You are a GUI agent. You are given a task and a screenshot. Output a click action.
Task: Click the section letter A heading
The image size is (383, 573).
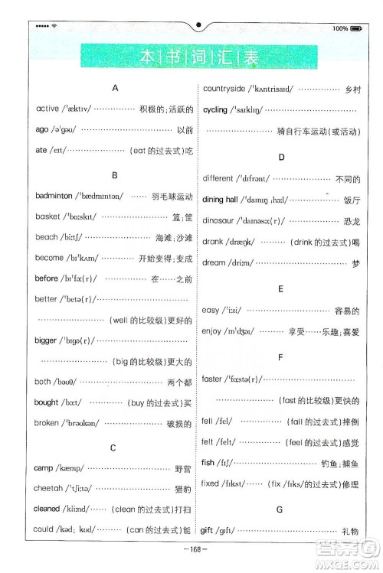point(114,88)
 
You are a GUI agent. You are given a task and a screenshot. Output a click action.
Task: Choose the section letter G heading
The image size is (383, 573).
point(280,509)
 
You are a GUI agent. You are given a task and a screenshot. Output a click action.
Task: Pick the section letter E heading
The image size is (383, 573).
point(281,289)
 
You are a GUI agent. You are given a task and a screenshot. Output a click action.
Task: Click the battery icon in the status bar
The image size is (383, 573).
point(355,28)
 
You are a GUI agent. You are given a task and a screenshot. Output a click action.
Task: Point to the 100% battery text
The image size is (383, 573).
point(340,28)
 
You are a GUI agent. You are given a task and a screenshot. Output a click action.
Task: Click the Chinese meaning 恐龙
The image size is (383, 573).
point(352,221)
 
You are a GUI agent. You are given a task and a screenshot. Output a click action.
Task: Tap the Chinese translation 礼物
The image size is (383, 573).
point(351,530)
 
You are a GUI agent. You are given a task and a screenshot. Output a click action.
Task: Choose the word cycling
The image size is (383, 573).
point(215,109)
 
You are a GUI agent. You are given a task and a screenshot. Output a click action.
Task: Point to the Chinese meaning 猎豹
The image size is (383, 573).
point(182,488)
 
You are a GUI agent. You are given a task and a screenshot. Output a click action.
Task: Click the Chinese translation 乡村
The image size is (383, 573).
point(352,89)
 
